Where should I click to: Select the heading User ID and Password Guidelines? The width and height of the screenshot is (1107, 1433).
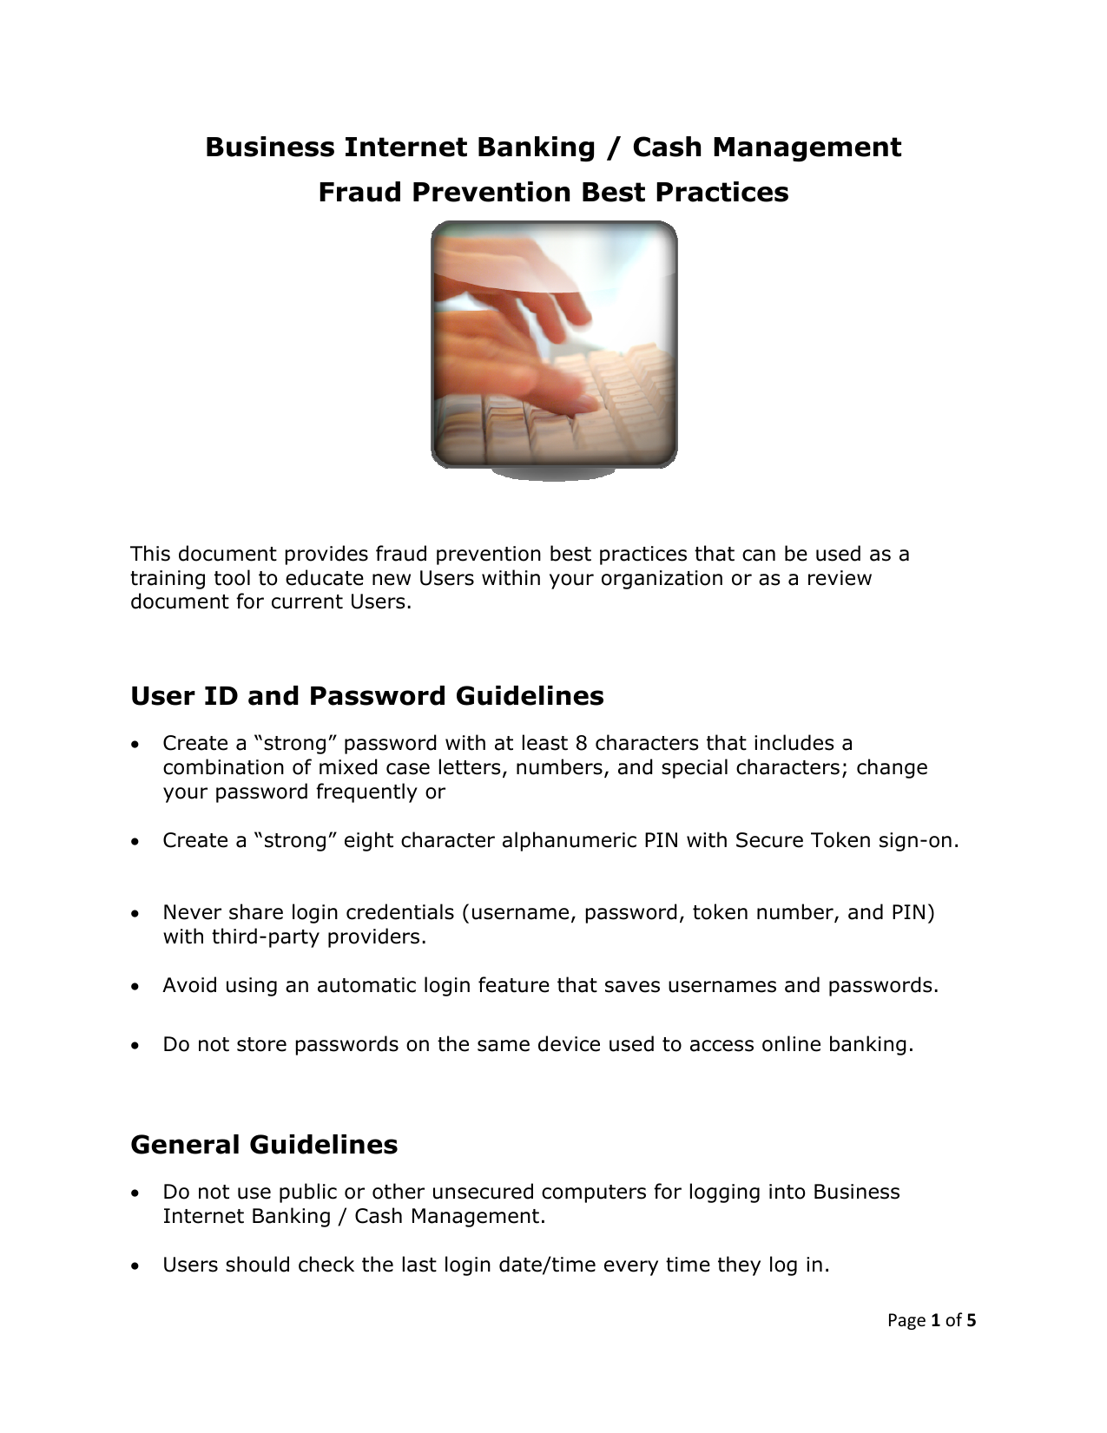point(366,696)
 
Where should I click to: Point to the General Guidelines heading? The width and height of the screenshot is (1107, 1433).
point(264,1145)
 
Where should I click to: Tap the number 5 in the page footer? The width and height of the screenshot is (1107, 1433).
point(972,1321)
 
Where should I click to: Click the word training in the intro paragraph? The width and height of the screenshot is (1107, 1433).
point(165,578)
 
